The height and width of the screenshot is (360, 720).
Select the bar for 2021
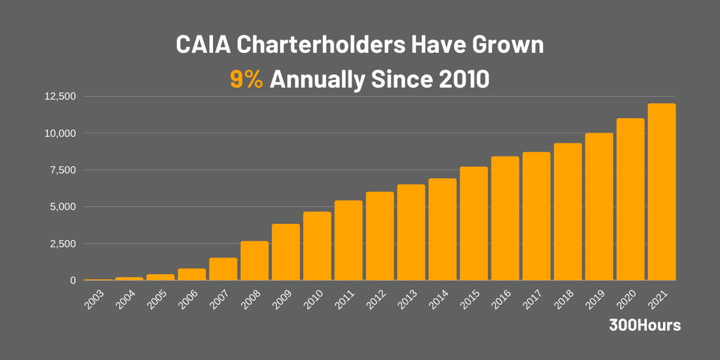coord(661,192)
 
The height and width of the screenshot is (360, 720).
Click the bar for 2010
coord(317,246)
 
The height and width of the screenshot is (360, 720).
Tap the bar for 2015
coord(473,223)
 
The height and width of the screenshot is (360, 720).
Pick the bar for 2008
coord(254,260)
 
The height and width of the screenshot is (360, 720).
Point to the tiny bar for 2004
coord(129,278)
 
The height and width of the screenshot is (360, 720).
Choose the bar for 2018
coord(568,212)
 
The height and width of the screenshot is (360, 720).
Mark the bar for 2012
coord(380,236)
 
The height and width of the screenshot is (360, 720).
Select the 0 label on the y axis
coord(73,280)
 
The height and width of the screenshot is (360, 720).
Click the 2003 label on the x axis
coord(94,299)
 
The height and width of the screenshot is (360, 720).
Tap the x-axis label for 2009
coord(281,299)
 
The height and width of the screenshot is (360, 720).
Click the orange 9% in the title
coord(246,79)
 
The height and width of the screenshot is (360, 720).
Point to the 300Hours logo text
coord(645,325)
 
